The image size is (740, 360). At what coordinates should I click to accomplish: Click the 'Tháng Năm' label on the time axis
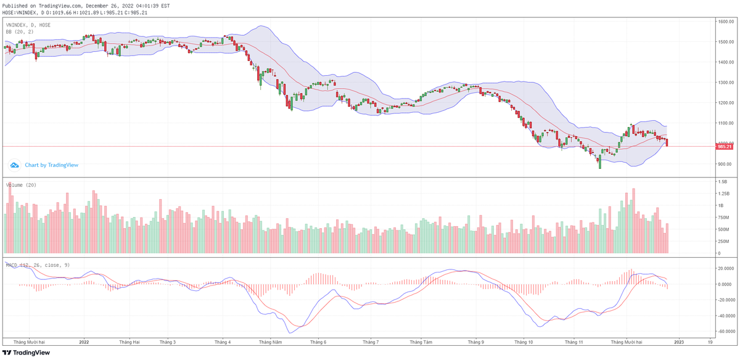(270, 342)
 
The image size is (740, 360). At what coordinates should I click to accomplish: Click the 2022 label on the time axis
(84, 342)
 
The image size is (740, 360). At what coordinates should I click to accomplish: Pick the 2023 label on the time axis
(678, 342)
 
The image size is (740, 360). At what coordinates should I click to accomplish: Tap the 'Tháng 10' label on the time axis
(523, 342)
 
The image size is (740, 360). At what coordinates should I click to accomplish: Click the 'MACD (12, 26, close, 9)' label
(37, 265)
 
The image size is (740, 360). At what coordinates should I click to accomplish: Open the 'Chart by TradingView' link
(51, 165)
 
